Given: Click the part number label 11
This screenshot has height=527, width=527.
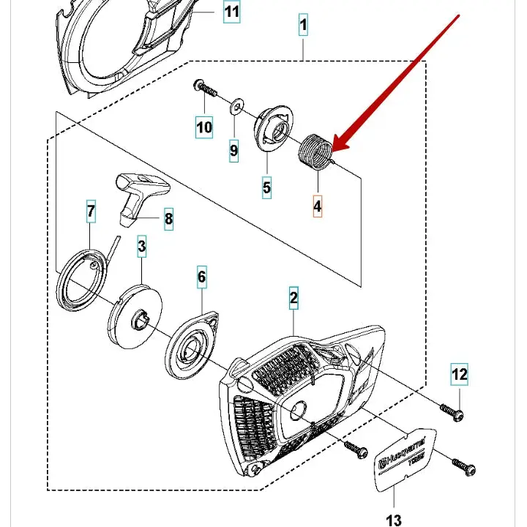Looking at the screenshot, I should (231, 12).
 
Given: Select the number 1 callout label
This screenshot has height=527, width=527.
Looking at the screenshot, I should (303, 26).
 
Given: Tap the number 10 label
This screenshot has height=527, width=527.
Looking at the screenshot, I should (204, 127).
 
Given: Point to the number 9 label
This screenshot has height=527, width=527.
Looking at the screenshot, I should (233, 151).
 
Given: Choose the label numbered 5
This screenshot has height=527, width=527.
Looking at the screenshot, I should (266, 188).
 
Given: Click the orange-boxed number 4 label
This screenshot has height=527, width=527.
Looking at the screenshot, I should (317, 206).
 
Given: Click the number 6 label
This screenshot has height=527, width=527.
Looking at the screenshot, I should (202, 277).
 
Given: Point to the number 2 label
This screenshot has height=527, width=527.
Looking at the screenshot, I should (294, 298).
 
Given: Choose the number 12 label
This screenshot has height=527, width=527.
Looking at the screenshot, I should (459, 375).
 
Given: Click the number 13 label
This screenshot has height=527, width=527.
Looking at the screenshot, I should (394, 520).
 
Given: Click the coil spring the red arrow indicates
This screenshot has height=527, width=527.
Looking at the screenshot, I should (316, 151).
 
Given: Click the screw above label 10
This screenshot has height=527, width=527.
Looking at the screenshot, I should (206, 90).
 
